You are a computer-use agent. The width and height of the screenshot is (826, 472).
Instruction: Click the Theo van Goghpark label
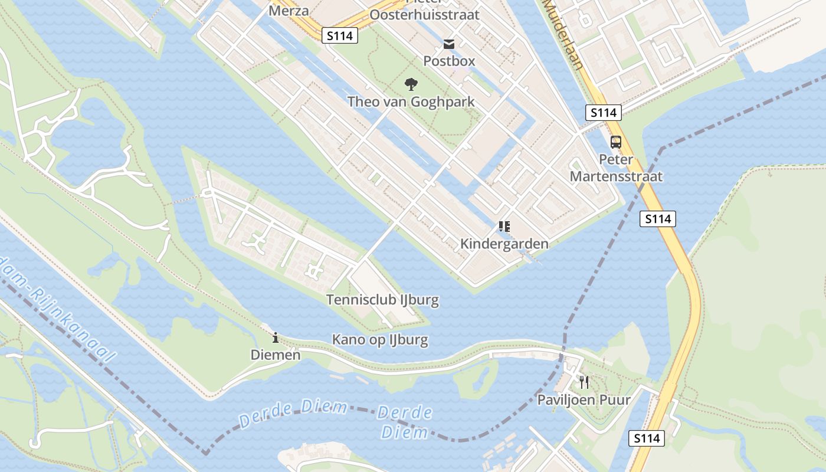(x=411, y=101)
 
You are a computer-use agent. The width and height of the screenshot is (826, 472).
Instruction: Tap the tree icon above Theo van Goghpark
(x=411, y=84)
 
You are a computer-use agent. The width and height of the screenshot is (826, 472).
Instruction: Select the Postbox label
(x=449, y=61)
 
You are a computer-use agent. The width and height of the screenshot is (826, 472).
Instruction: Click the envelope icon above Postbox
(x=449, y=44)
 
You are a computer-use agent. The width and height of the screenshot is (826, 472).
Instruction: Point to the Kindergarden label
(x=504, y=244)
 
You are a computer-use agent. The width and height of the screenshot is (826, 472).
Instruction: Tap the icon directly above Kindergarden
(x=504, y=226)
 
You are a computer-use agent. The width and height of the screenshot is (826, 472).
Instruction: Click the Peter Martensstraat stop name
(x=616, y=168)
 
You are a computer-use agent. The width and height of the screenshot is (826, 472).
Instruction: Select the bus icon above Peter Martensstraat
(x=616, y=142)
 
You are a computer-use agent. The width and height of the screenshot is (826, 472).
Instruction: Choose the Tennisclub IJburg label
(x=382, y=300)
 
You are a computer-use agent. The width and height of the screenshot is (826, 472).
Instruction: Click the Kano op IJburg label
(x=380, y=340)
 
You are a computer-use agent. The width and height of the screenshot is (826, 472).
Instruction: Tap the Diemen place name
(x=276, y=355)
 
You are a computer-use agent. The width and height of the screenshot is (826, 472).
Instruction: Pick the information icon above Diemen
(x=276, y=338)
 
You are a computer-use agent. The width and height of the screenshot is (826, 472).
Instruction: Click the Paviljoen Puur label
(x=584, y=399)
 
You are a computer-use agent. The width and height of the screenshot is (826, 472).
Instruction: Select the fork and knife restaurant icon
(x=584, y=382)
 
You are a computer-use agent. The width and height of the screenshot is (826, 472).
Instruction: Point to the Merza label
(x=289, y=10)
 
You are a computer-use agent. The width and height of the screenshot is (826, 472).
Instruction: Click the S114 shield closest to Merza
(x=340, y=35)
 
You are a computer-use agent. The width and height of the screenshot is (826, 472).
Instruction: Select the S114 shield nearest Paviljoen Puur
(x=647, y=438)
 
